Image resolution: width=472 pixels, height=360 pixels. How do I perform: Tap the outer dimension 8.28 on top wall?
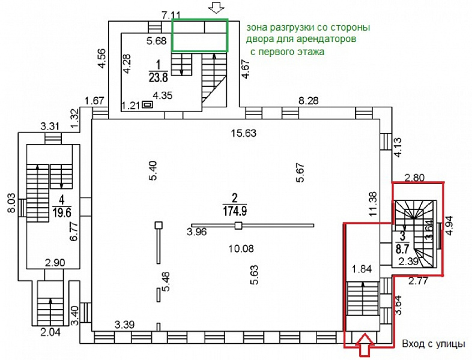[x=309, y=100]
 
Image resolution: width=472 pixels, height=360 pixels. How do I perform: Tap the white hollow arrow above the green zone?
[x=216, y=8]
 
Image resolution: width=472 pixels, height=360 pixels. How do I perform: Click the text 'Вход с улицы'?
[x=433, y=344]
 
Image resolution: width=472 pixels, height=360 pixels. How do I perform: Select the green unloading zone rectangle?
[x=200, y=35]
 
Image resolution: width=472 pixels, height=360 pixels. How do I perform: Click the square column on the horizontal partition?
[x=238, y=226]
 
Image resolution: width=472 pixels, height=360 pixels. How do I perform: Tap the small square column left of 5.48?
[x=159, y=225]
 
